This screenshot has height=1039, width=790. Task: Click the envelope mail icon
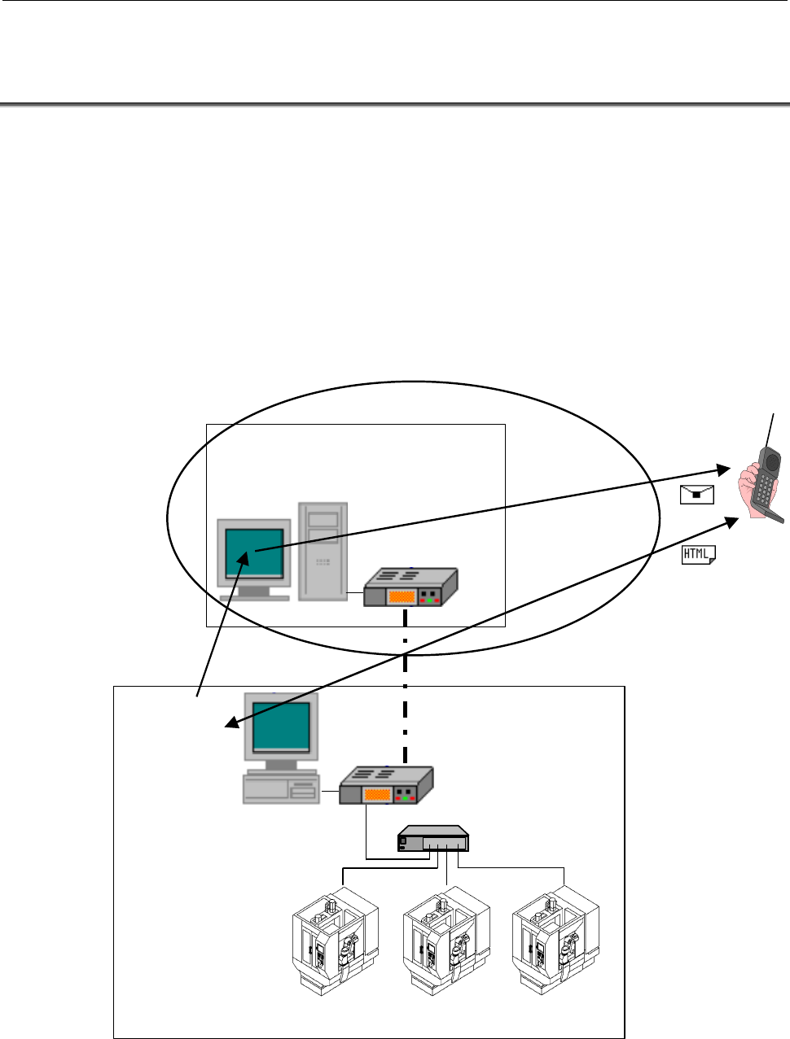click(x=696, y=495)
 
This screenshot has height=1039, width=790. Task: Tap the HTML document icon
click(x=699, y=554)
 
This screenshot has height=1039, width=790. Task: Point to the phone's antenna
click(x=770, y=430)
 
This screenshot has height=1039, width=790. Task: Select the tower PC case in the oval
click(x=323, y=552)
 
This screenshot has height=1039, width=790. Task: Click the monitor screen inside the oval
click(x=254, y=553)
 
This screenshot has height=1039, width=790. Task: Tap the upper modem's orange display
click(x=402, y=596)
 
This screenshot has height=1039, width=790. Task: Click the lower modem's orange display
click(x=377, y=795)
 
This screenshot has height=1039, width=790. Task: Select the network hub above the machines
click(x=433, y=838)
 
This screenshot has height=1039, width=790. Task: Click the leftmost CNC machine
click(x=336, y=941)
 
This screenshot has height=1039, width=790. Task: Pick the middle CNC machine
click(x=446, y=941)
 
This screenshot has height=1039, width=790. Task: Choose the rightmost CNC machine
click(x=555, y=941)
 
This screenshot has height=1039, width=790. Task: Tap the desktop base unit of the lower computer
click(x=281, y=788)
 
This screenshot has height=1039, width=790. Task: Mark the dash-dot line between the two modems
click(x=405, y=687)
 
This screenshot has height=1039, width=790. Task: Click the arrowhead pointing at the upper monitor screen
click(x=244, y=558)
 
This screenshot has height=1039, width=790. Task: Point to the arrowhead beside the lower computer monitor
click(x=232, y=722)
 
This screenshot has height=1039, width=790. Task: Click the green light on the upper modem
click(x=429, y=600)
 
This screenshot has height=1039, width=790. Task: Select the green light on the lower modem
click(x=405, y=798)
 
